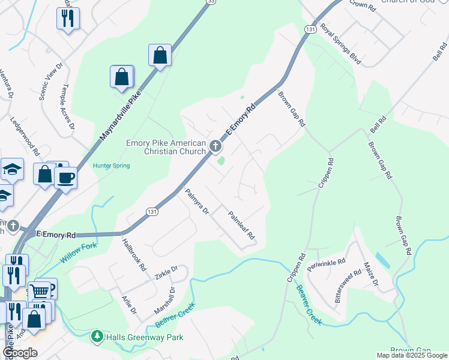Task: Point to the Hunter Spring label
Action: (111, 166)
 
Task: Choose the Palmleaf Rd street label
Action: (242, 225)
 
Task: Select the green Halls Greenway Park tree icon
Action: (97, 337)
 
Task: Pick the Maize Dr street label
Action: (370, 275)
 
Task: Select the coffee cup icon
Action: (65, 178)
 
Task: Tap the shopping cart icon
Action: (40, 292)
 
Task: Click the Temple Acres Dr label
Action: (67, 106)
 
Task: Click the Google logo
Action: (20, 353)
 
